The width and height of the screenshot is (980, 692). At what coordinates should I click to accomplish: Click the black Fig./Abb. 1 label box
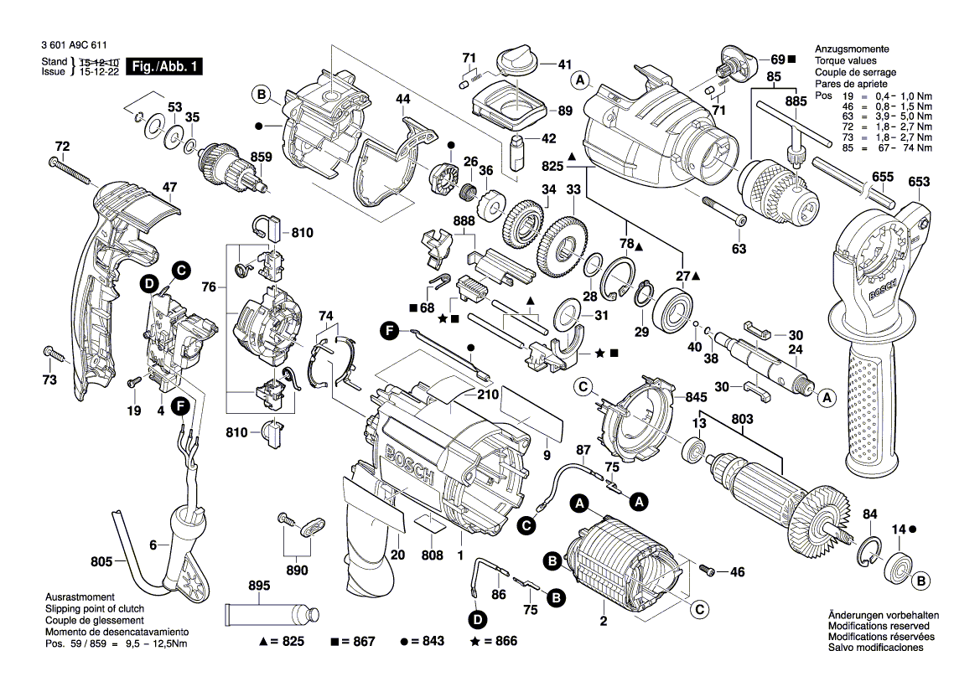click(x=163, y=68)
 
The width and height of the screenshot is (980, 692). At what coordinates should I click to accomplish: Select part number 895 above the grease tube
click(x=259, y=586)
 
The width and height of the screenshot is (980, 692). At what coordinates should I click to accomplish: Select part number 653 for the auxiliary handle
click(x=919, y=182)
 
